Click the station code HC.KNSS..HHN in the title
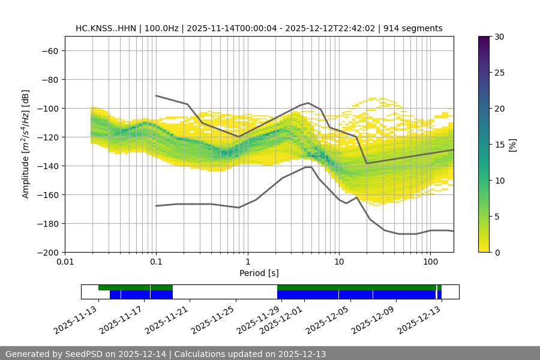pyautogui.click(x=106, y=28)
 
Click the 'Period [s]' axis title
pyautogui.click(x=259, y=273)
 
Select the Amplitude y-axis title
pyautogui.click(x=26, y=145)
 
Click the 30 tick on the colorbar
pyautogui.click(x=499, y=37)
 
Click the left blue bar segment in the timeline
pyautogui.click(x=141, y=295)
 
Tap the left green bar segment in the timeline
pyautogui.click(x=136, y=287)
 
